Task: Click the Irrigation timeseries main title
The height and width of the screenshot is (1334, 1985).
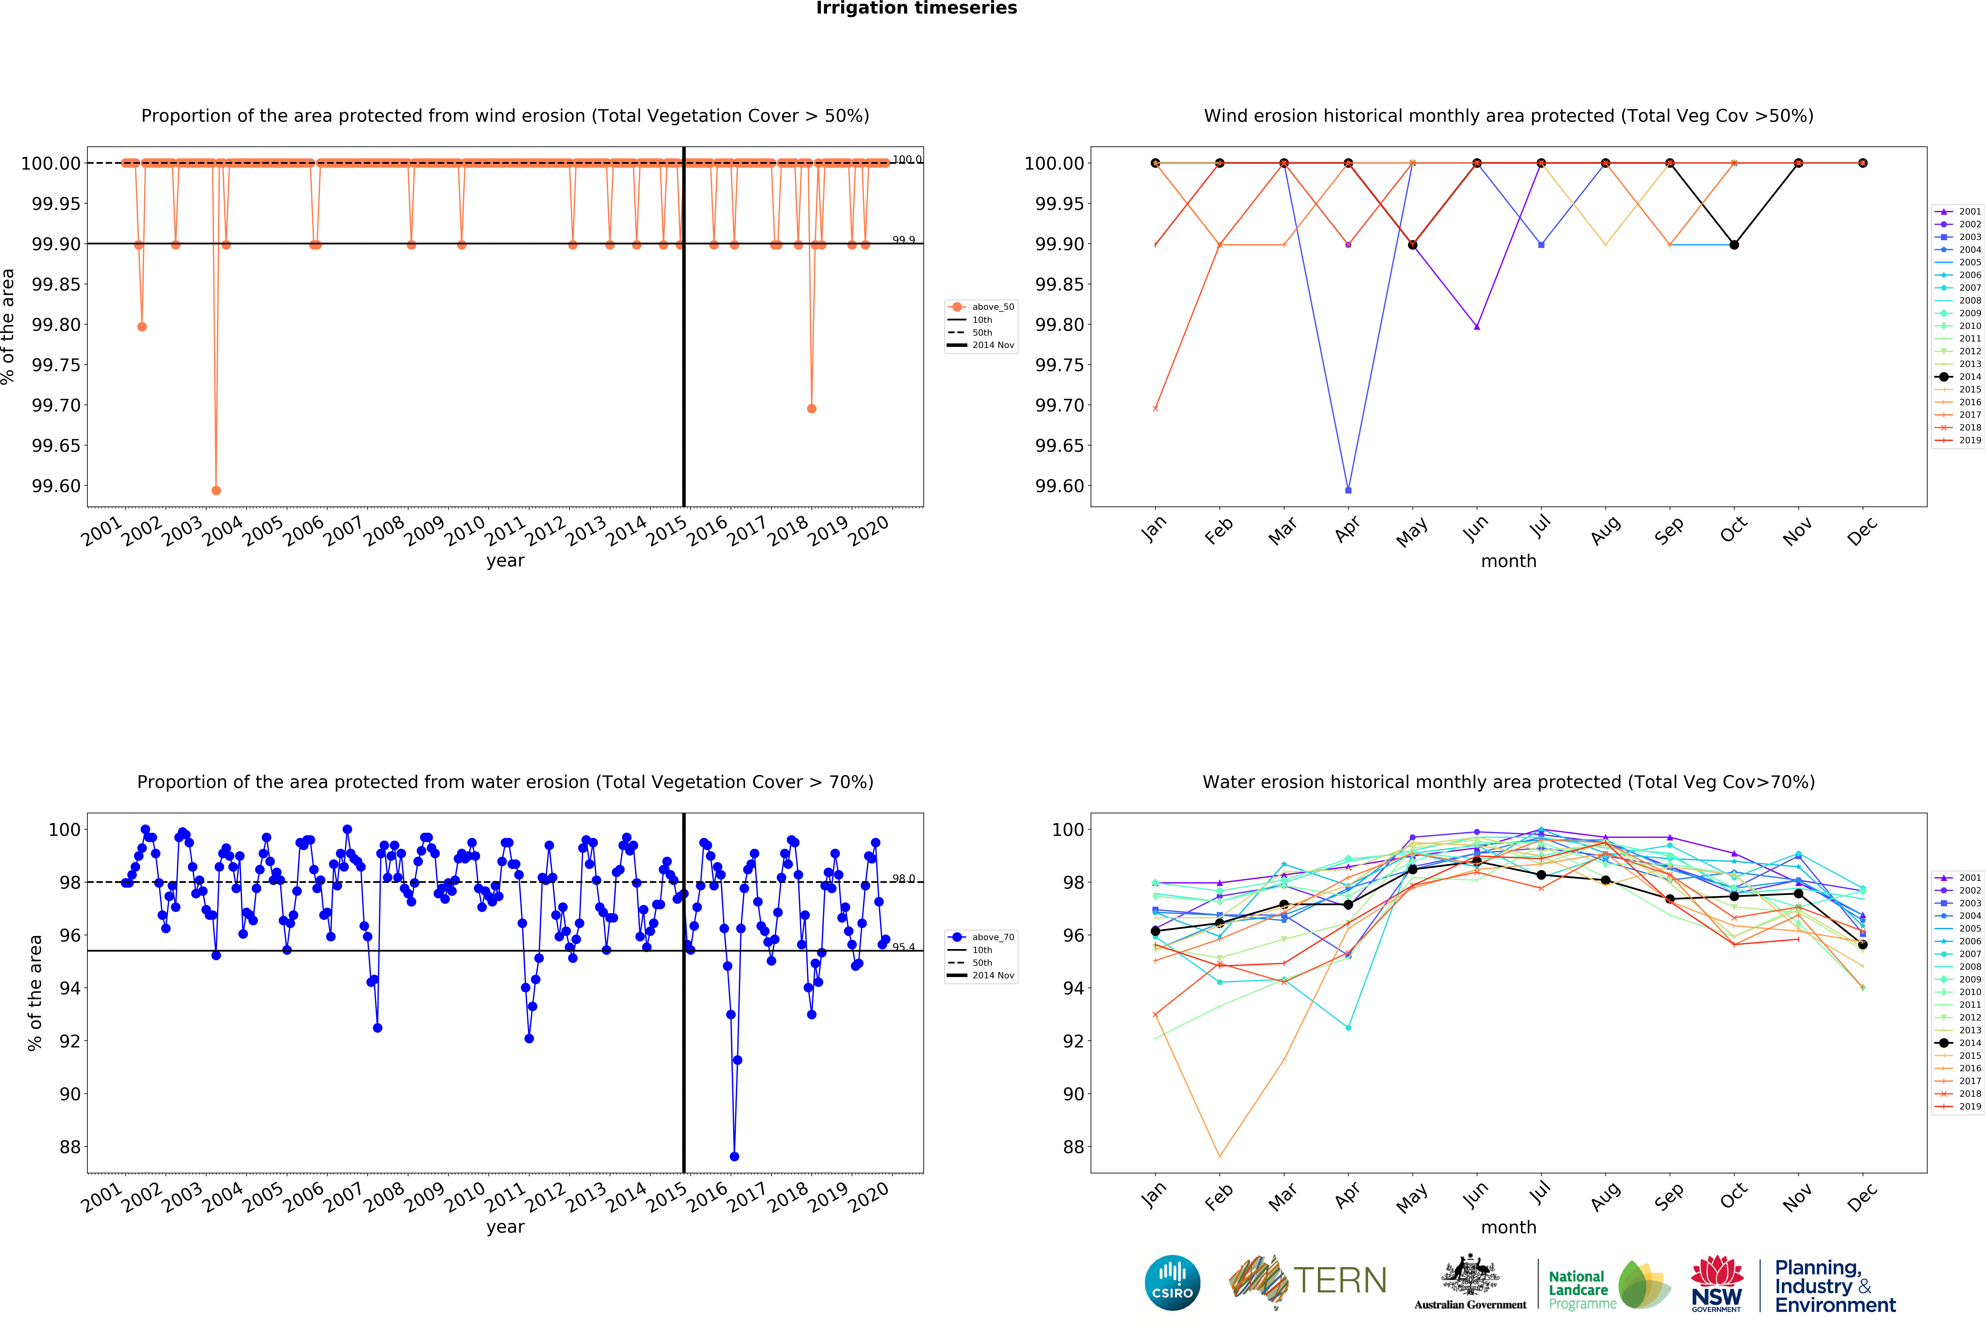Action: pos(916,9)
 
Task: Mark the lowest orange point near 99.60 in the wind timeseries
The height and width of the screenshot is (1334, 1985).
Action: pos(216,490)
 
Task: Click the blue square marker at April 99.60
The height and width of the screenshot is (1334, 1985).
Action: pos(1348,490)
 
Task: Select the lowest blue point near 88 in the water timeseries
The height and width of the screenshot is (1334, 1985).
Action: pos(734,1156)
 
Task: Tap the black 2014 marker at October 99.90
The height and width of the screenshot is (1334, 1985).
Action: pos(1734,245)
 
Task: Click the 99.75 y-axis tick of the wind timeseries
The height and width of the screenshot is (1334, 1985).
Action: pos(56,365)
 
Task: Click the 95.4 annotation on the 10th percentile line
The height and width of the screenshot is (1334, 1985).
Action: pos(903,947)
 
